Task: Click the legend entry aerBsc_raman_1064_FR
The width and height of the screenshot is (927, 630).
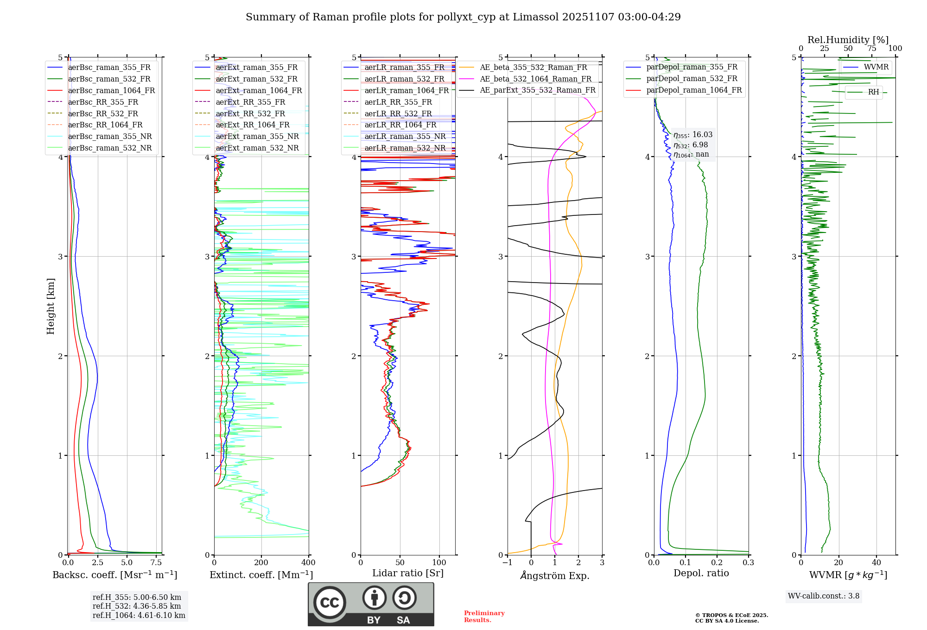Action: (x=111, y=91)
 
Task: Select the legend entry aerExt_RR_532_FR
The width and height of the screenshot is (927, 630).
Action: (x=250, y=113)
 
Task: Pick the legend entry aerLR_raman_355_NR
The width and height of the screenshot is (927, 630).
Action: (x=405, y=137)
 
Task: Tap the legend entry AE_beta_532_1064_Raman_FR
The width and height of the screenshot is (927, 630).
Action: (x=535, y=79)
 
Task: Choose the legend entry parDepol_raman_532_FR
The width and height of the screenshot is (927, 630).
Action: (x=692, y=79)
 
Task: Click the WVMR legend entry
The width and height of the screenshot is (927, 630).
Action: (x=876, y=67)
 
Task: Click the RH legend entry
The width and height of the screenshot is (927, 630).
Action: (x=873, y=92)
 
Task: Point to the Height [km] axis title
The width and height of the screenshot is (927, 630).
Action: (x=51, y=306)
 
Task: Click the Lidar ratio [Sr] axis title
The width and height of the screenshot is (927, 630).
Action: (x=407, y=573)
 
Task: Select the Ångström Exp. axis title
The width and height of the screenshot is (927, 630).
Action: (x=554, y=576)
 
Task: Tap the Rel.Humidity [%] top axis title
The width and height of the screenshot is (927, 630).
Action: (x=848, y=40)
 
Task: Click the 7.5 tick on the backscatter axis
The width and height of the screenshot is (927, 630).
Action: (x=156, y=563)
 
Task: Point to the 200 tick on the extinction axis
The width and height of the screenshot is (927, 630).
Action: (x=261, y=563)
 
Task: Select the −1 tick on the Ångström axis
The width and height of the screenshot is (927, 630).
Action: (x=507, y=563)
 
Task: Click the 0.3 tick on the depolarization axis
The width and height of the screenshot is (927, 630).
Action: (x=748, y=563)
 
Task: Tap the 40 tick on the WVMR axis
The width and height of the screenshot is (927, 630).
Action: (x=876, y=563)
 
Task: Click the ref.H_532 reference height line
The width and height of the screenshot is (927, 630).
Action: (x=137, y=606)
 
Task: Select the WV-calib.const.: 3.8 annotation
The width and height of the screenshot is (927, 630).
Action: (x=823, y=596)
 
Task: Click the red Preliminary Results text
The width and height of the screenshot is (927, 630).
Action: (x=484, y=617)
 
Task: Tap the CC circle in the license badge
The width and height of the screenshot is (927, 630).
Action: (x=330, y=603)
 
